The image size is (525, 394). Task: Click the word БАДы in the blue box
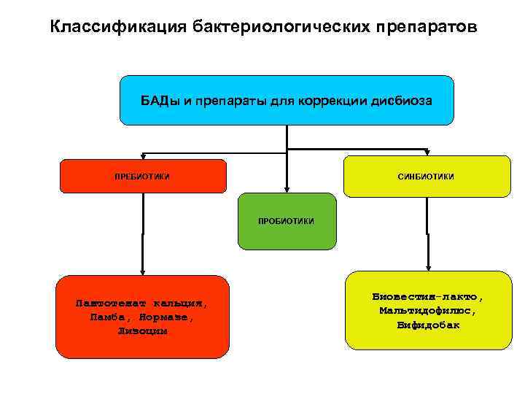[160, 100]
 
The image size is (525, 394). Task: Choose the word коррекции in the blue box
[332, 100]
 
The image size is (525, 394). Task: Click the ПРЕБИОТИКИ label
[143, 176]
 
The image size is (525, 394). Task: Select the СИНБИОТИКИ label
[426, 176]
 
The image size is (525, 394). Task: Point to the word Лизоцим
[143, 331]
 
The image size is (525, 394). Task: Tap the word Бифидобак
[428, 325]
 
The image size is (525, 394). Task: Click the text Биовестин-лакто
[428, 297]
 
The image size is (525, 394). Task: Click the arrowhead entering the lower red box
[143, 271]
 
